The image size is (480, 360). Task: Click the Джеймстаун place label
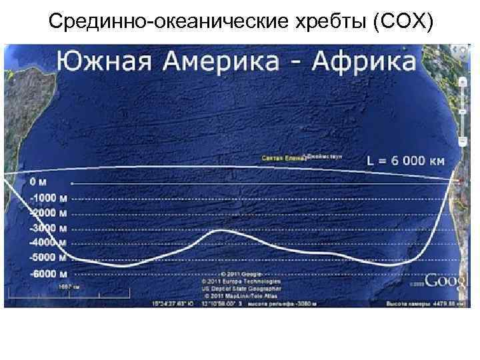323,157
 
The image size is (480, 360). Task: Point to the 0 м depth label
38,181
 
